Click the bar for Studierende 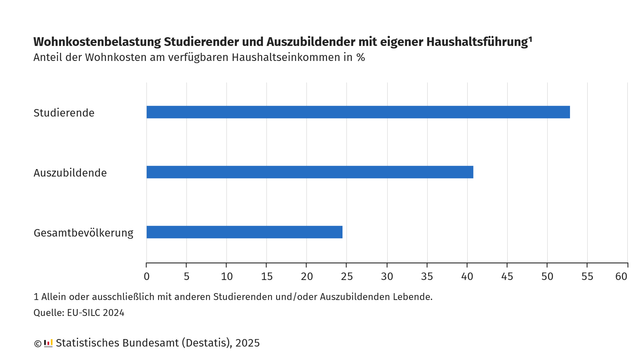358,112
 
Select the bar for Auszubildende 310,172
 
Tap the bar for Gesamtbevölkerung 245,232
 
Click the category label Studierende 64,113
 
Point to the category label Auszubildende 70,173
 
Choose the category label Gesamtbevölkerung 83,233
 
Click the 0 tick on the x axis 147,276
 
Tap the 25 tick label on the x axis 347,276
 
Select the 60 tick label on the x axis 627,276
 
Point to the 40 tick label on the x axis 467,276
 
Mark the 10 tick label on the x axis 227,276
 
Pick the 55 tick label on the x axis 587,276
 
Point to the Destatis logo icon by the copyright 48,343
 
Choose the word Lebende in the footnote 408,297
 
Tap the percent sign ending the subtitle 360,57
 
